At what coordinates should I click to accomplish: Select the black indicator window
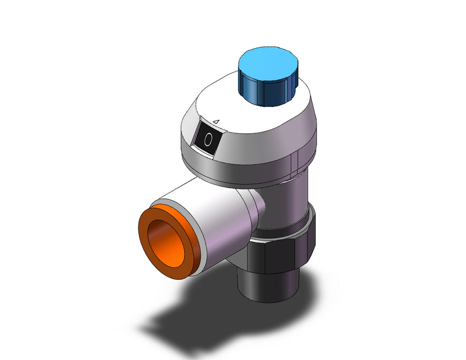click(207, 138)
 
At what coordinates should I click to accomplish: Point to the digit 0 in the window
click(208, 139)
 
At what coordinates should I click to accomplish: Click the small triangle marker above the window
click(217, 121)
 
